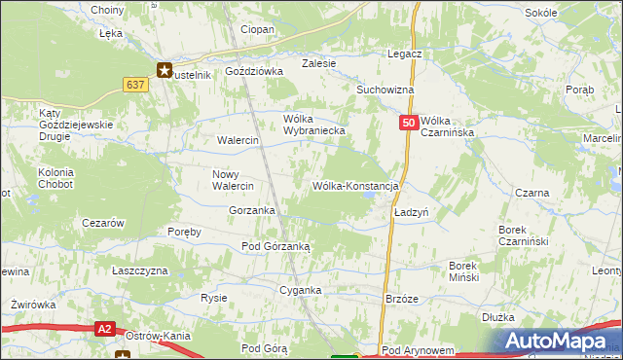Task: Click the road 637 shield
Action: (x=135, y=85)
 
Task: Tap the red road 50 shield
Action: (x=409, y=124)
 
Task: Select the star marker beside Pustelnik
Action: (x=165, y=70)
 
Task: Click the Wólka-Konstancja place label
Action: (x=355, y=185)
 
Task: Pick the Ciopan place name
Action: (x=257, y=29)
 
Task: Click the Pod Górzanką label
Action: (x=275, y=246)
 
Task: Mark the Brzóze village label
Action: (x=402, y=300)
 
